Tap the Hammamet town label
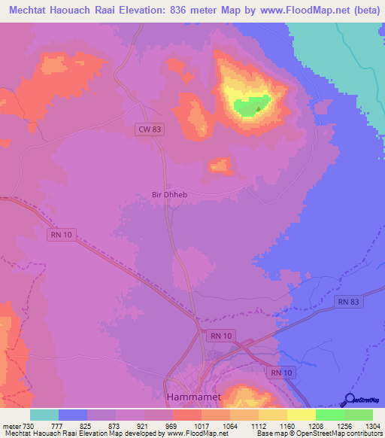[187, 394]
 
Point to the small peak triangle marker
[259, 108]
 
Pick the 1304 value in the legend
[373, 426]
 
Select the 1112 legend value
[259, 426]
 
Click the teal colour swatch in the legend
[44, 415]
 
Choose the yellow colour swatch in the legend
[301, 415]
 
